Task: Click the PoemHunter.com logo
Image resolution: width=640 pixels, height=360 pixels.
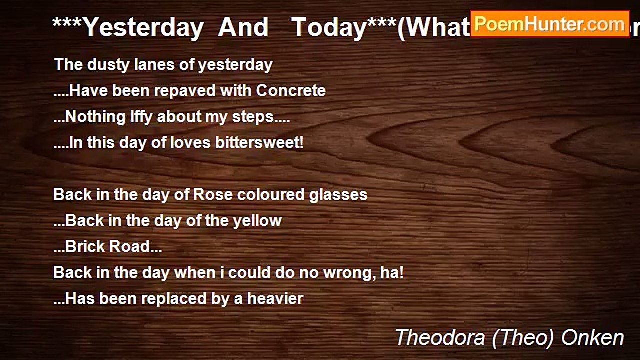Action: coord(549,24)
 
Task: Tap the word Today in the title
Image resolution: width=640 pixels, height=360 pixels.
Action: coord(329,27)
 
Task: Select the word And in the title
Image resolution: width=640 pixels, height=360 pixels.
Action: coord(243,27)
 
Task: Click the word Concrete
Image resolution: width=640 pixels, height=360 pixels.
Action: coord(291,91)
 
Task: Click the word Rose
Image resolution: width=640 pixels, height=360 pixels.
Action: coord(213,194)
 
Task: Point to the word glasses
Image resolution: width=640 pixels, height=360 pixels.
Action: coord(338,195)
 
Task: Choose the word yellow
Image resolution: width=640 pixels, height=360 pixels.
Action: coord(257,221)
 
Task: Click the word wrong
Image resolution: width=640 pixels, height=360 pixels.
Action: coord(354,273)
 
